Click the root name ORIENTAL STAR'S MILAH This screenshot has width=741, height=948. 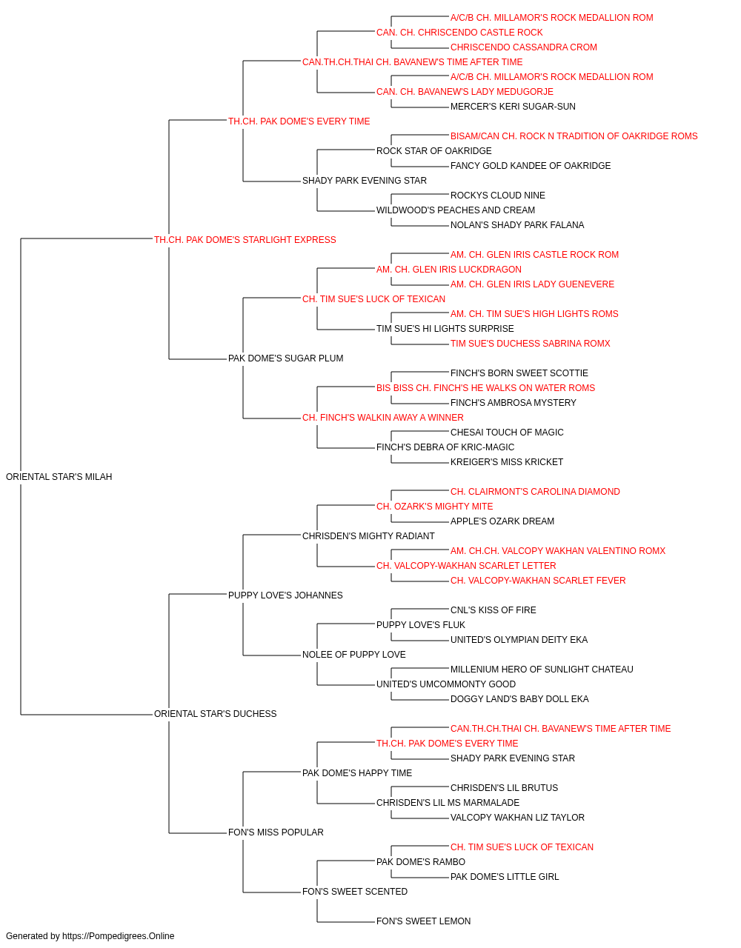coord(59,477)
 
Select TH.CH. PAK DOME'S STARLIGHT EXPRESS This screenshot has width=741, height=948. coord(245,240)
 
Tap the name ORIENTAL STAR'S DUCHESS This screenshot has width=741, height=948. coord(215,714)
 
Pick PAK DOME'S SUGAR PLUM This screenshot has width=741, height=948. coord(285,358)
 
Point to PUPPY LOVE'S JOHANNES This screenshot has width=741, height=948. coord(285,595)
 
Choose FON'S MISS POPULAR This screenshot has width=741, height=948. coord(276,832)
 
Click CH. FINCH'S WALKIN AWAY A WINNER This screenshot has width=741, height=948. coord(382,418)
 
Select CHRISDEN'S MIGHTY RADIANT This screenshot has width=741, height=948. coord(368,536)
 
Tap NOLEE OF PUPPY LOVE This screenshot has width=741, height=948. coord(354,655)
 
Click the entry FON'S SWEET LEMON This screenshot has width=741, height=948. coord(423,921)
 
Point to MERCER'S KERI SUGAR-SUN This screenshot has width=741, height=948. coord(513,107)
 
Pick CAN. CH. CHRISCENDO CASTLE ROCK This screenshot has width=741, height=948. coord(459,33)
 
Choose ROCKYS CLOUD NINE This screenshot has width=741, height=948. coord(497,196)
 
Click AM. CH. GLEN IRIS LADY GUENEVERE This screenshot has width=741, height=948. coord(532,284)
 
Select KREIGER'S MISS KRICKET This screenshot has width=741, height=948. coord(507,462)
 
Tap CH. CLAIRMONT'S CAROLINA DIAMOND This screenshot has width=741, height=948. coord(535,492)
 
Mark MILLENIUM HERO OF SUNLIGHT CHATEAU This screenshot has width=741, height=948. coord(542,670)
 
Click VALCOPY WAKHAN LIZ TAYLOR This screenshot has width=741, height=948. coord(517,818)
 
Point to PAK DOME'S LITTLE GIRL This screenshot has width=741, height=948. coord(505,877)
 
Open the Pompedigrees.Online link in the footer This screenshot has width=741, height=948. coord(119,936)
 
